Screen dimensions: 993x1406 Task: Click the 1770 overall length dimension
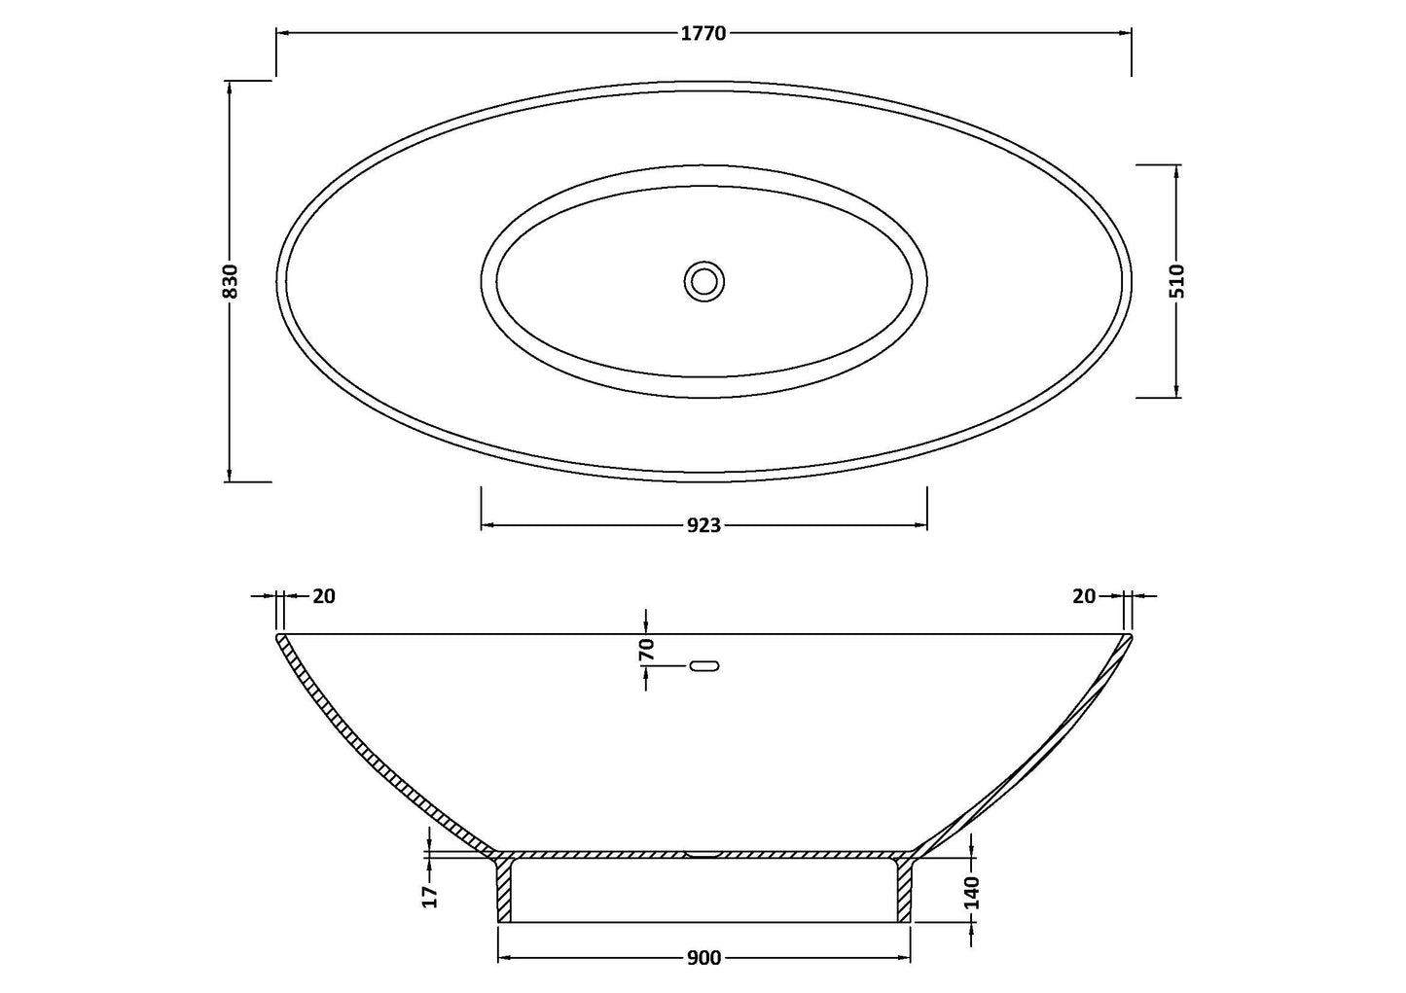tap(703, 34)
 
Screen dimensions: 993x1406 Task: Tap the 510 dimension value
tap(1177, 280)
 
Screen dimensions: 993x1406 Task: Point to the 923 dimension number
tap(703, 526)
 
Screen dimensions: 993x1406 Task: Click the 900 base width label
tap(703, 959)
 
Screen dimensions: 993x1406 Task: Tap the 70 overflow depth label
tap(647, 650)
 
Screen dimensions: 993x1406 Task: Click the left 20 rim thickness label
tap(324, 596)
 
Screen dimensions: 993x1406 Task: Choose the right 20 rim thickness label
tap(1084, 596)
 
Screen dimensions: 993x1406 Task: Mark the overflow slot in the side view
tap(704, 666)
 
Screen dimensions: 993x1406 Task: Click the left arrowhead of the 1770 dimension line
tap(282, 34)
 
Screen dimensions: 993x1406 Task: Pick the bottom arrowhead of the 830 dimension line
tap(230, 476)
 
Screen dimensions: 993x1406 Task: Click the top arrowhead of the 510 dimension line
tap(1177, 171)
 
